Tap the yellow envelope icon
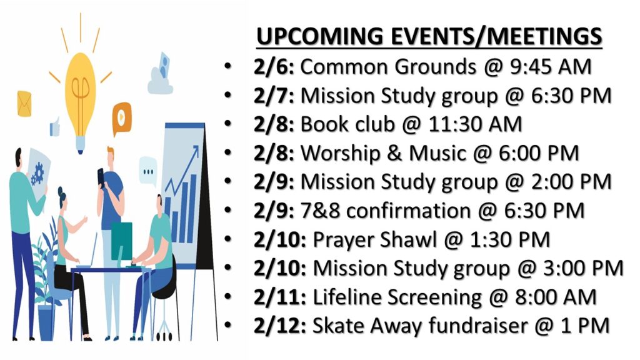pos(24,104)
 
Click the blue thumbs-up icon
pos(55,127)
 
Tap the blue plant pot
pos(46,322)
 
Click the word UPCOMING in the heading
pos(320,36)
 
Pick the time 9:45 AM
pos(551,67)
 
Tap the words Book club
pos(347,124)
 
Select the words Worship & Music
pos(383,154)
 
